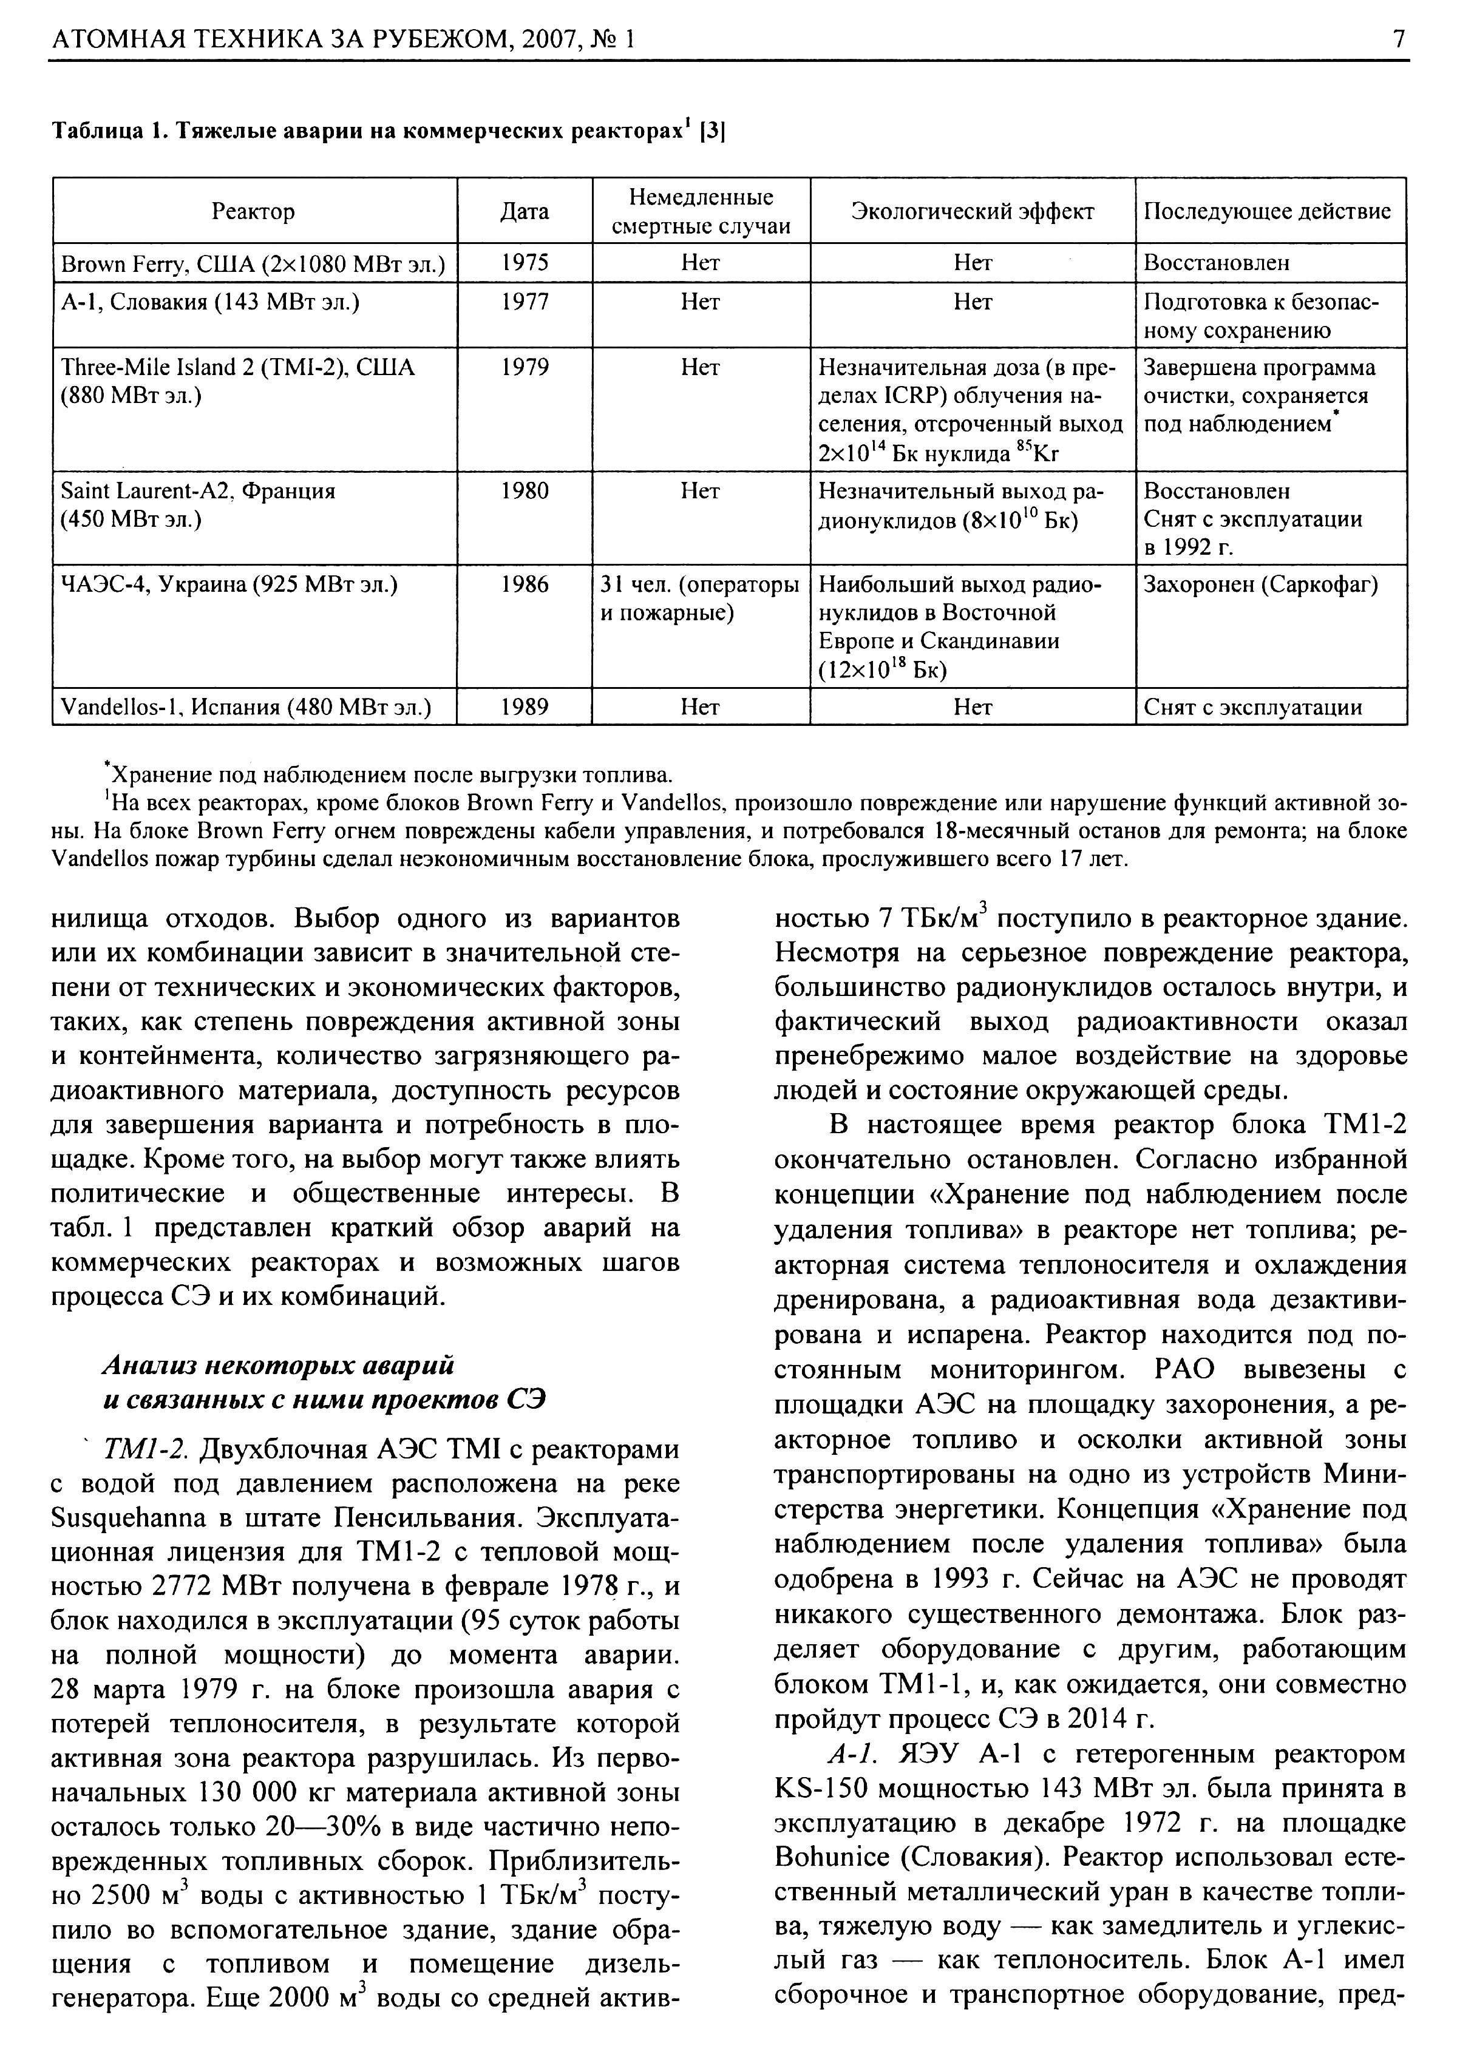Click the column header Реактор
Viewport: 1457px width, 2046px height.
click(x=253, y=212)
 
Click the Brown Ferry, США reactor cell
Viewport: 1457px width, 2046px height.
click(x=253, y=263)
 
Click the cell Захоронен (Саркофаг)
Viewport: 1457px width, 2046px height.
click(x=1260, y=585)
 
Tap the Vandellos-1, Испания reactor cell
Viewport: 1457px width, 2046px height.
click(x=245, y=708)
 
